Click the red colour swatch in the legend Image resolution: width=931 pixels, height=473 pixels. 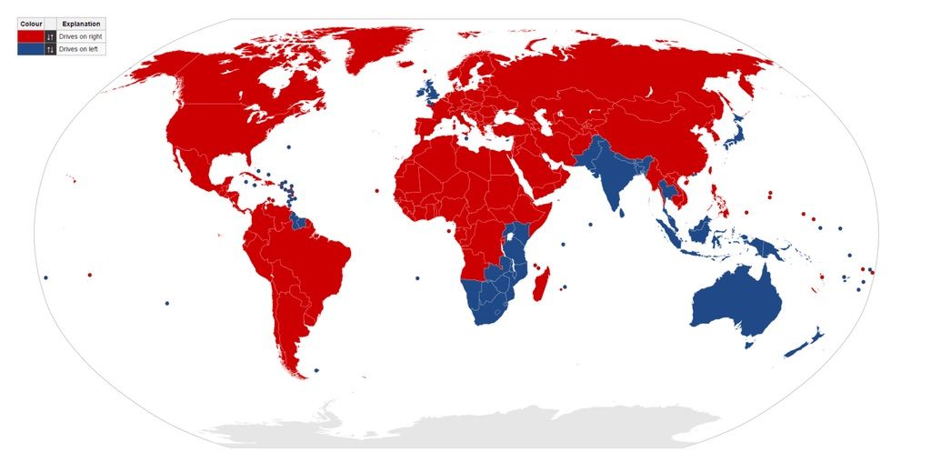[x=30, y=35]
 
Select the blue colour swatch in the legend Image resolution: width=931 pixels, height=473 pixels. [x=30, y=49]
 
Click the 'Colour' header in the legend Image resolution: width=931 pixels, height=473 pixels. [x=30, y=24]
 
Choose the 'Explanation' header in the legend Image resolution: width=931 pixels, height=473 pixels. [x=81, y=24]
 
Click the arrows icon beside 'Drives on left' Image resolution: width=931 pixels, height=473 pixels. [x=51, y=49]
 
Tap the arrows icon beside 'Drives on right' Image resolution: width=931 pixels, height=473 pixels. [x=51, y=35]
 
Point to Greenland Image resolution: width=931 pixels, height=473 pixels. [x=382, y=41]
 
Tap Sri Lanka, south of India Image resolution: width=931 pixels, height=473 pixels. [x=622, y=210]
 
